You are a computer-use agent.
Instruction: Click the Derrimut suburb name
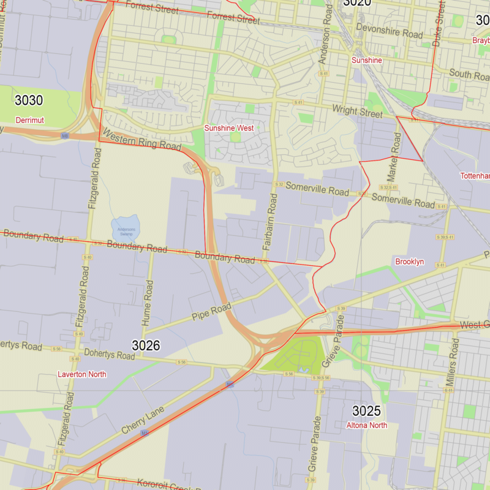[29, 119]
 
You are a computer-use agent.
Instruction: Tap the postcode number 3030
[29, 100]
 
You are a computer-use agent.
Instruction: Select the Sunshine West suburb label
[228, 128]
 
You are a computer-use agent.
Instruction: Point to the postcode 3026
[146, 345]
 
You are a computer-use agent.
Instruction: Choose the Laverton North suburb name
[81, 374]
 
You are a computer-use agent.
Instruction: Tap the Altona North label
[366, 425]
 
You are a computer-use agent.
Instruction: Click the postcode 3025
[366, 411]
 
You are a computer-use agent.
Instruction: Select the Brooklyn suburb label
[409, 262]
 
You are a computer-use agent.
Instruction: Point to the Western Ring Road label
[141, 140]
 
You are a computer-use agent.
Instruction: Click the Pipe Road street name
[211, 312]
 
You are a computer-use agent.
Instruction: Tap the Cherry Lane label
[143, 420]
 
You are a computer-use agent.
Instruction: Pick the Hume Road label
[148, 303]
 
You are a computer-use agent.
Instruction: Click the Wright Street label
[357, 111]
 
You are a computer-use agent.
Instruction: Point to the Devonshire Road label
[389, 31]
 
